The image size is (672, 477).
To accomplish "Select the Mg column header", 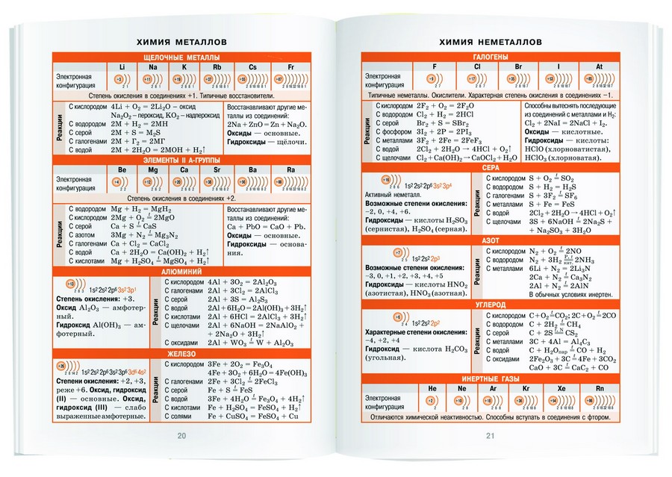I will (x=153, y=170).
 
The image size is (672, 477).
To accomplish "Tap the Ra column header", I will (x=290, y=170).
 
